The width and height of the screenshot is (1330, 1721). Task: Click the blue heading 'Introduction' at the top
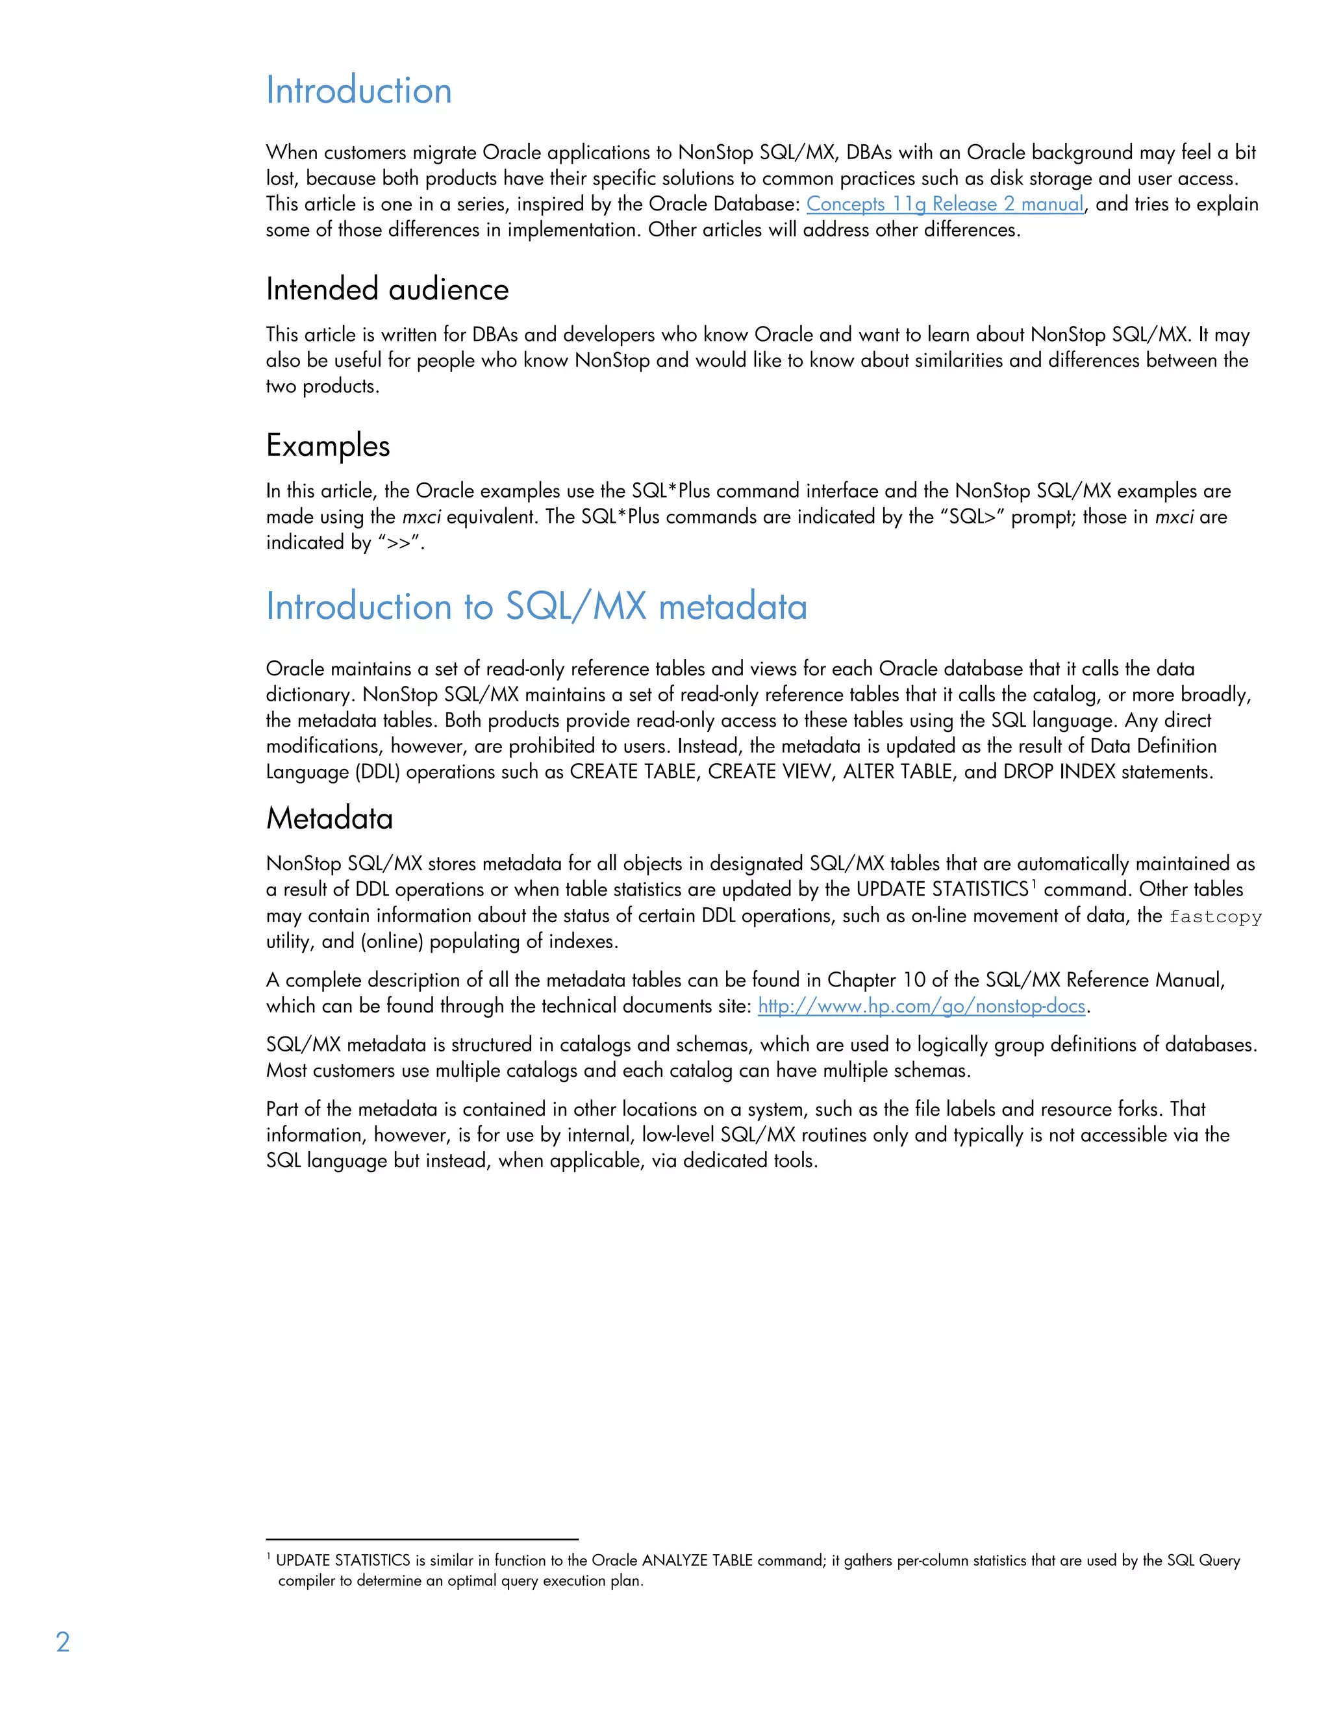[358, 91]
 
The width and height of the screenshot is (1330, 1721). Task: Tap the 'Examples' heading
[328, 446]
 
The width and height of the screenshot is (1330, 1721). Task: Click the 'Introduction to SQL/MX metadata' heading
[536, 607]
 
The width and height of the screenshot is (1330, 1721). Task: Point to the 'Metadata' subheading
[329, 819]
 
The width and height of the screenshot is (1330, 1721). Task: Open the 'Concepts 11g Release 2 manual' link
[944, 204]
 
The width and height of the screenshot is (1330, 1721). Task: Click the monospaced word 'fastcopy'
[1215, 916]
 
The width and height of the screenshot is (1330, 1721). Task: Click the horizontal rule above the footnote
[421, 1539]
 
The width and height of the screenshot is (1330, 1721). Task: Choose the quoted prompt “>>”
[399, 543]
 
